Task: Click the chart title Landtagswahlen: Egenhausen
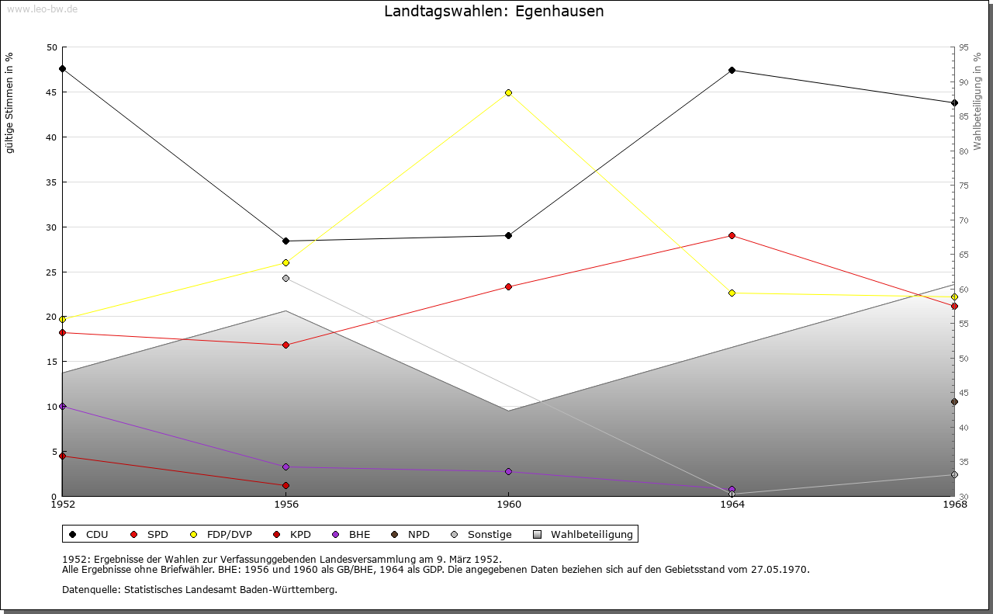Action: pos(493,12)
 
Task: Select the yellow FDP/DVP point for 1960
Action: pos(509,92)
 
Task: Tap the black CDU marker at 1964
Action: pos(732,71)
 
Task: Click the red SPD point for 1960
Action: pos(509,286)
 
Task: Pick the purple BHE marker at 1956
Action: pos(285,467)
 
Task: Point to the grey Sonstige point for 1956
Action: pos(285,278)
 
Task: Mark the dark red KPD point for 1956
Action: pos(285,485)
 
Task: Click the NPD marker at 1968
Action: pos(954,401)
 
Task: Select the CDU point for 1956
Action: pos(285,241)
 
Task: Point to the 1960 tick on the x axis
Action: pos(509,504)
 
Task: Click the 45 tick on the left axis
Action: pos(52,92)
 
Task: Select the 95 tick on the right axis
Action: pos(963,47)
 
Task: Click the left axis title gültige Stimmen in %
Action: pos(10,103)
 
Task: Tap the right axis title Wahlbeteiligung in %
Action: pos(977,102)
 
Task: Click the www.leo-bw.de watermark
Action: pos(41,9)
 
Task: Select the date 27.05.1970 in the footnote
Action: pos(780,569)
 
